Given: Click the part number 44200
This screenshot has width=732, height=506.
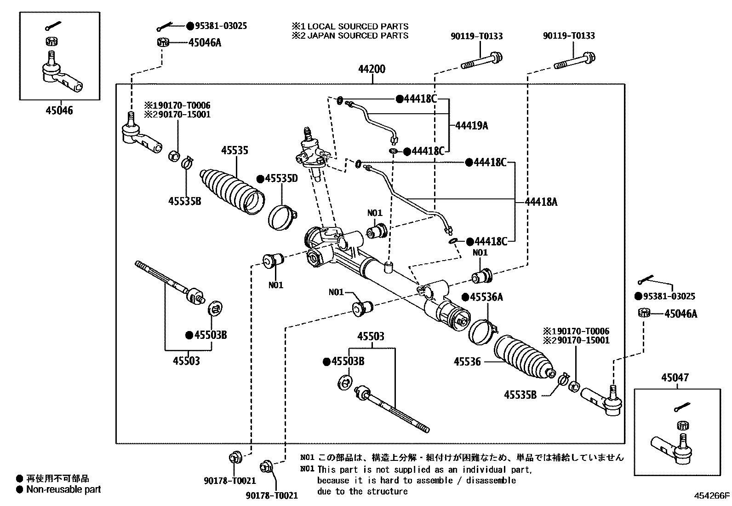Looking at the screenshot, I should pyautogui.click(x=372, y=70).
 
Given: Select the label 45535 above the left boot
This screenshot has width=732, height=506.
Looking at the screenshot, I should pyautogui.click(x=234, y=151).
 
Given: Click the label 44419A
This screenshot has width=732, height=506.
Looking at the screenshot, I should pyautogui.click(x=471, y=125).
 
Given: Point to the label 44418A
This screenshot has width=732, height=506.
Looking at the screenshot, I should pyautogui.click(x=541, y=202).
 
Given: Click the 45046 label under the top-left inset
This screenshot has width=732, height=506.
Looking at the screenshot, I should pyautogui.click(x=59, y=111).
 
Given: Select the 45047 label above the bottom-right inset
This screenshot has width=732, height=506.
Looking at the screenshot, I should pyautogui.click(x=675, y=378).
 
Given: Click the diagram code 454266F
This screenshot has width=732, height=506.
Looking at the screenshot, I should pyautogui.click(x=712, y=496).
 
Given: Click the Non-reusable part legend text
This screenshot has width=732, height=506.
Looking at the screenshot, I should pyautogui.click(x=63, y=489).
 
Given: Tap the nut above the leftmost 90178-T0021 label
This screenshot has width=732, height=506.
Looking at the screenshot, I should pyautogui.click(x=234, y=458).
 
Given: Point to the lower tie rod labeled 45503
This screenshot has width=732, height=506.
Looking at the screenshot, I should pyautogui.click(x=391, y=408).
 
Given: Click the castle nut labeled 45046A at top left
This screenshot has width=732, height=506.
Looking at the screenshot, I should pyautogui.click(x=162, y=42).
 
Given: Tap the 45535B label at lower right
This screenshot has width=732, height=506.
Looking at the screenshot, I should pyautogui.click(x=520, y=395).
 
